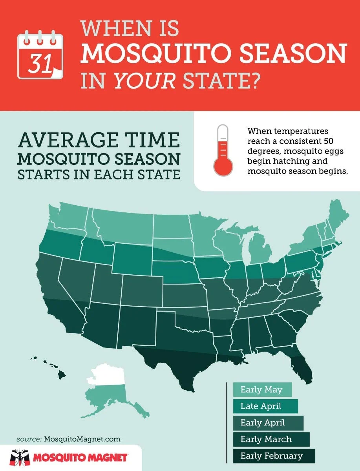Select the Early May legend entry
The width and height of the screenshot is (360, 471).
coord(262,390)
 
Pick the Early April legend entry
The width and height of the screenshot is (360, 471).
coord(267,423)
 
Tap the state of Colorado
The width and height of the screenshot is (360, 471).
coord(142,290)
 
